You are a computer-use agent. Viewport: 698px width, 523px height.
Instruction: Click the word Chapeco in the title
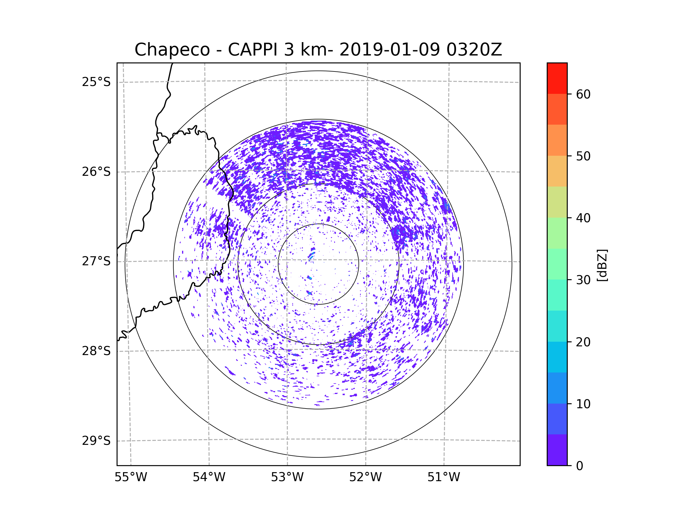click(x=172, y=50)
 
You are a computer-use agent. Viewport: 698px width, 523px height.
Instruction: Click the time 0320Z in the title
click(x=474, y=50)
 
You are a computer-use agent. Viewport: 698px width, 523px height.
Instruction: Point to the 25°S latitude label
click(x=96, y=82)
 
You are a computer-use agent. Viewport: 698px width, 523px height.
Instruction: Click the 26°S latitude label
click(x=96, y=172)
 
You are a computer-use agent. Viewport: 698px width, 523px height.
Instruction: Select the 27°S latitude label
click(x=96, y=261)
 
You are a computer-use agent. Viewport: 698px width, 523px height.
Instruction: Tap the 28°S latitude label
click(x=96, y=351)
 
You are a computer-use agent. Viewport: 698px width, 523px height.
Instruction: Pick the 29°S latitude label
click(x=96, y=441)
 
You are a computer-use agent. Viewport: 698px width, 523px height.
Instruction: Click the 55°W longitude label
click(x=131, y=477)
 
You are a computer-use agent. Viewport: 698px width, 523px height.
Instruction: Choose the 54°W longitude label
click(x=209, y=477)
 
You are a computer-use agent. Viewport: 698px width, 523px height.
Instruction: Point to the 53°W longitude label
click(x=287, y=477)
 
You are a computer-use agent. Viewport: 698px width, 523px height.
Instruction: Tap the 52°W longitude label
click(x=365, y=477)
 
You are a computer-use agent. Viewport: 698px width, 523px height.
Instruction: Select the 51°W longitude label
click(x=444, y=477)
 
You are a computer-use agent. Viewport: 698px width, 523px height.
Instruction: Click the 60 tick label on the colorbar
click(x=583, y=94)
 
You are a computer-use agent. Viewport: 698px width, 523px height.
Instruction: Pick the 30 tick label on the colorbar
click(x=583, y=280)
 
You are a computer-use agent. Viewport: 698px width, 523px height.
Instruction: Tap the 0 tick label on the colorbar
click(x=580, y=466)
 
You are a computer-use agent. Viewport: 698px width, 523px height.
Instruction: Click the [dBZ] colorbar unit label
click(x=602, y=265)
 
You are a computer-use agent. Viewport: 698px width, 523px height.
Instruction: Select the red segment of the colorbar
click(x=557, y=78)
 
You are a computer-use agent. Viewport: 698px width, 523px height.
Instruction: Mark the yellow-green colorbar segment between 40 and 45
click(x=557, y=202)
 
